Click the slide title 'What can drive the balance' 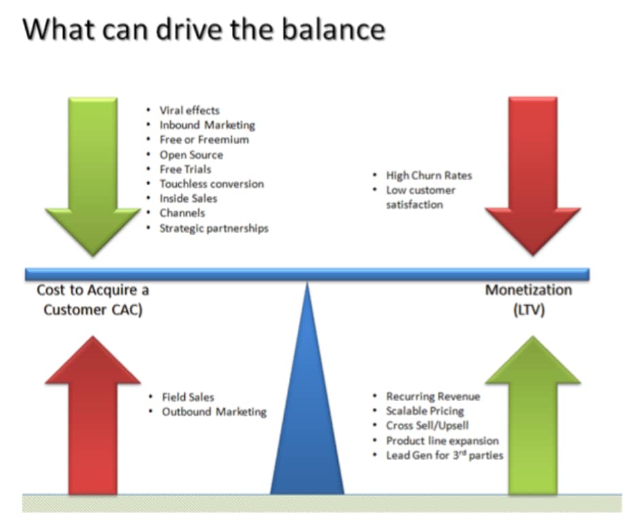pos(204,29)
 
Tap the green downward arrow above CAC pos(93,176)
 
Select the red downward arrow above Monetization pos(533,176)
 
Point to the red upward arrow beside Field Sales pos(93,416)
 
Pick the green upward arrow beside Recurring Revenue pos(533,416)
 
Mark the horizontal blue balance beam pos(307,274)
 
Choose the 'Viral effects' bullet pos(190,110)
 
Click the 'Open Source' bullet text pos(191,155)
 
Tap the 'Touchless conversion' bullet pos(211,184)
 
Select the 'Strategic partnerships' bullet pos(214,228)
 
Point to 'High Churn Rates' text pos(429,175)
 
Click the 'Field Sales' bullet pos(188,397)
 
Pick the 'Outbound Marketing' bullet pos(214,412)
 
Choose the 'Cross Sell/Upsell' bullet pos(427,425)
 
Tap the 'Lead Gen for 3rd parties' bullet pos(445,455)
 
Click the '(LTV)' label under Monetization pos(529,310)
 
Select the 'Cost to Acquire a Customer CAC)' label pos(93,300)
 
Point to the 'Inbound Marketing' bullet pos(207,125)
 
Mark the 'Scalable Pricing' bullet pos(425,411)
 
